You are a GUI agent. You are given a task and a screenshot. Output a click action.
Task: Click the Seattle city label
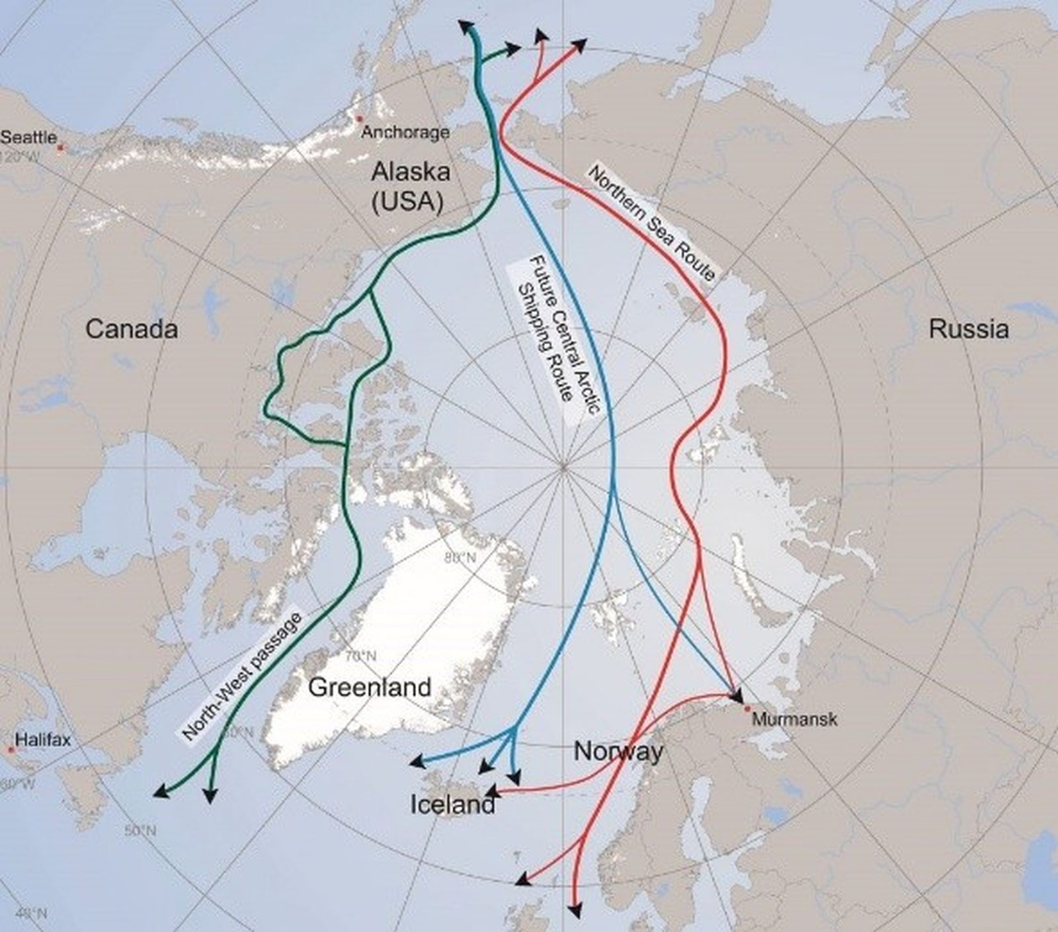[28, 137]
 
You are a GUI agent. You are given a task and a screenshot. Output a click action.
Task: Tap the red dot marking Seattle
[60, 147]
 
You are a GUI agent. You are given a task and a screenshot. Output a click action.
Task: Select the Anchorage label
[405, 132]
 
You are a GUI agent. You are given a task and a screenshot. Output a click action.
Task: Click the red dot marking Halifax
[10, 750]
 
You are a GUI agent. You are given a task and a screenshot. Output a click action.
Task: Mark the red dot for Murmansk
[747, 709]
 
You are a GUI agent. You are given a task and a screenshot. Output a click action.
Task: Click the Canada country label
[132, 329]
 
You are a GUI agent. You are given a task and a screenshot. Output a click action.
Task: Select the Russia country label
[969, 329]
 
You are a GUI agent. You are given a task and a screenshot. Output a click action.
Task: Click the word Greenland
[370, 687]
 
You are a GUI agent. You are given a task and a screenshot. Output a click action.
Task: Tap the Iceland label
[452, 804]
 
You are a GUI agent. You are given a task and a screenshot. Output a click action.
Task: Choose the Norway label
[618, 752]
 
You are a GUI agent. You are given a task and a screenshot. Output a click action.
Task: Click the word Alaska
[411, 172]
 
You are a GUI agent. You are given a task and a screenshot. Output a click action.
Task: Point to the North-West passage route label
[241, 676]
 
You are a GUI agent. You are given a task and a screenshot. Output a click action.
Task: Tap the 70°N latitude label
[361, 656]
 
